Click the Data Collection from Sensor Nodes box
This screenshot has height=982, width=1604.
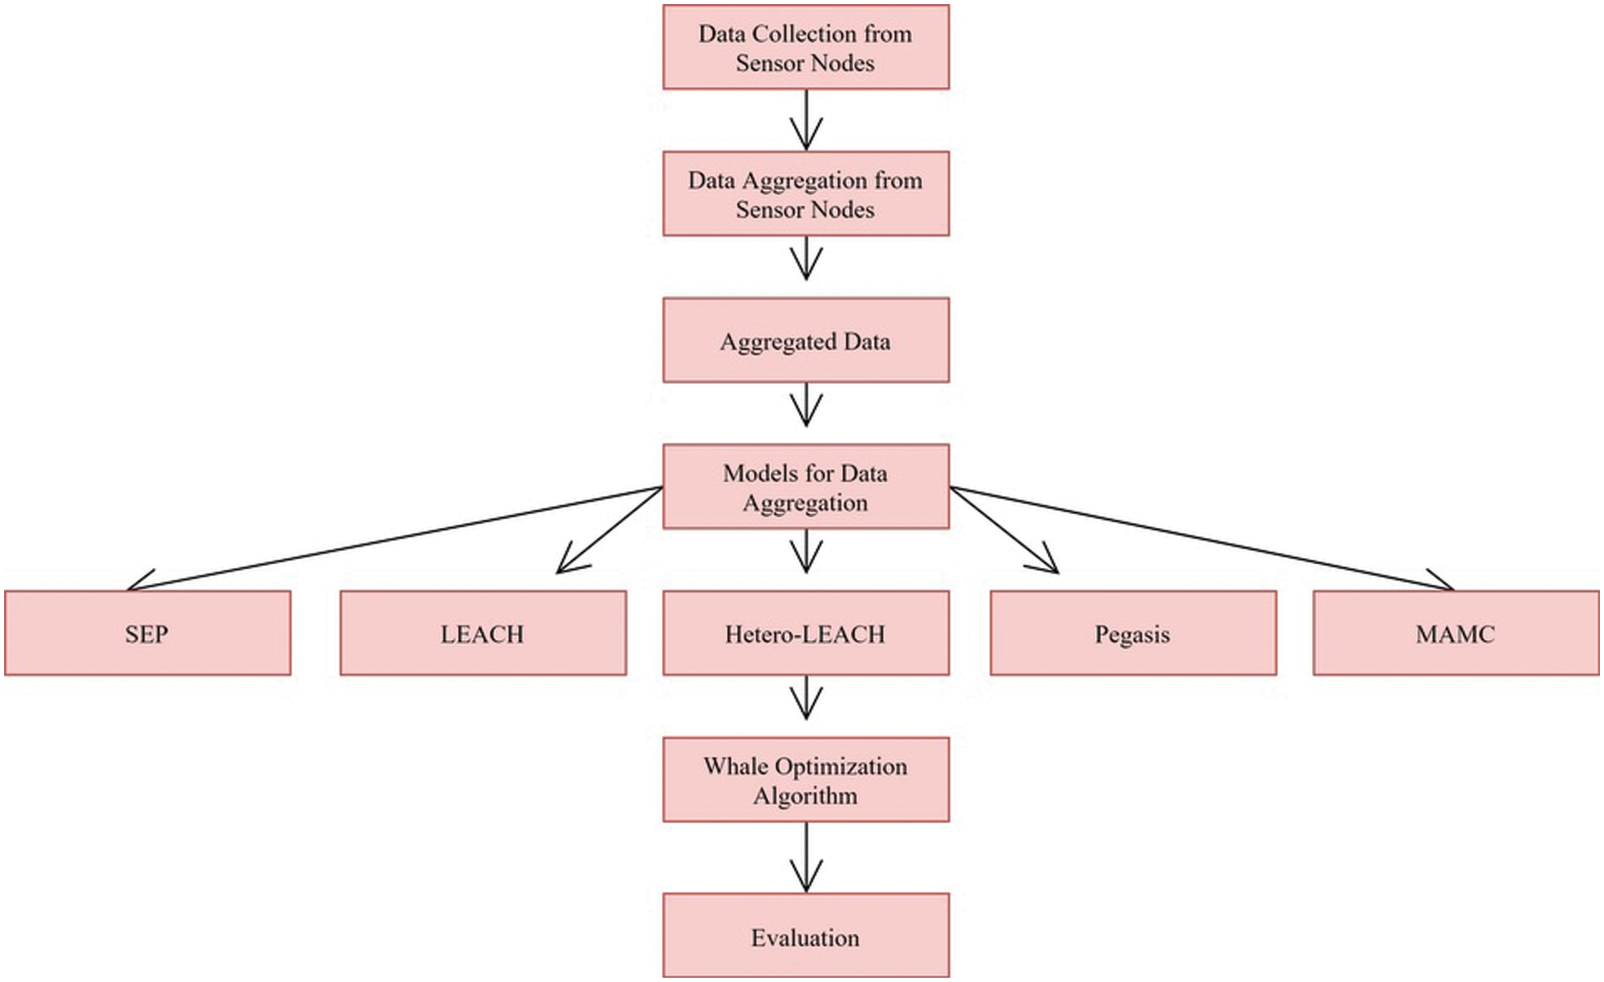[805, 48]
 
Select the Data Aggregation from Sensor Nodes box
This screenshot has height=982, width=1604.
[805, 194]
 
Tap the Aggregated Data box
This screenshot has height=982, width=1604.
[805, 340]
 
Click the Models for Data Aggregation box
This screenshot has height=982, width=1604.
[805, 487]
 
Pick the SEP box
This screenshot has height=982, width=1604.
[147, 633]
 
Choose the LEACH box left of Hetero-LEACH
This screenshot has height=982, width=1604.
[483, 633]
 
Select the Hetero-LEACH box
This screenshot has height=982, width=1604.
[805, 633]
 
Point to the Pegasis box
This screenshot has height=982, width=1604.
[1133, 633]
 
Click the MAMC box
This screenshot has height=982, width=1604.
[1455, 633]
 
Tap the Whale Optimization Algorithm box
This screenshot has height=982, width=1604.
[805, 780]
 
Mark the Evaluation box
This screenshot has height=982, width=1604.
[805, 936]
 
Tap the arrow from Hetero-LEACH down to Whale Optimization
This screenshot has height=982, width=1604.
[806, 699]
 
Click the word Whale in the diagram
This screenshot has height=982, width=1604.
[735, 767]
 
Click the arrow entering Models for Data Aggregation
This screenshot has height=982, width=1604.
[806, 407]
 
